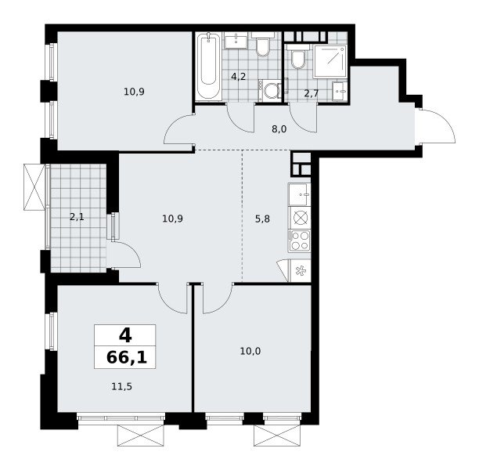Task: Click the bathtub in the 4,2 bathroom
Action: [208, 66]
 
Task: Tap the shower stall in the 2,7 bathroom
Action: [330, 62]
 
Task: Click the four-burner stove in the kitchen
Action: [299, 240]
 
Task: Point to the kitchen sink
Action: [299, 194]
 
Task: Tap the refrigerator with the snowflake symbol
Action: [300, 270]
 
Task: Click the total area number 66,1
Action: [127, 357]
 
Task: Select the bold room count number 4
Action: [125, 335]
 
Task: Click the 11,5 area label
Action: [121, 387]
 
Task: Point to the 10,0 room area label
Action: [250, 352]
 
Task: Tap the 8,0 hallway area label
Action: [279, 129]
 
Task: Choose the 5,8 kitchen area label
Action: [262, 219]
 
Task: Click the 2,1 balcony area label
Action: [77, 217]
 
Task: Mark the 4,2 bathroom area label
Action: [238, 77]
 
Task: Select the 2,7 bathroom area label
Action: [312, 93]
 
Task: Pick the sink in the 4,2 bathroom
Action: [236, 41]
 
